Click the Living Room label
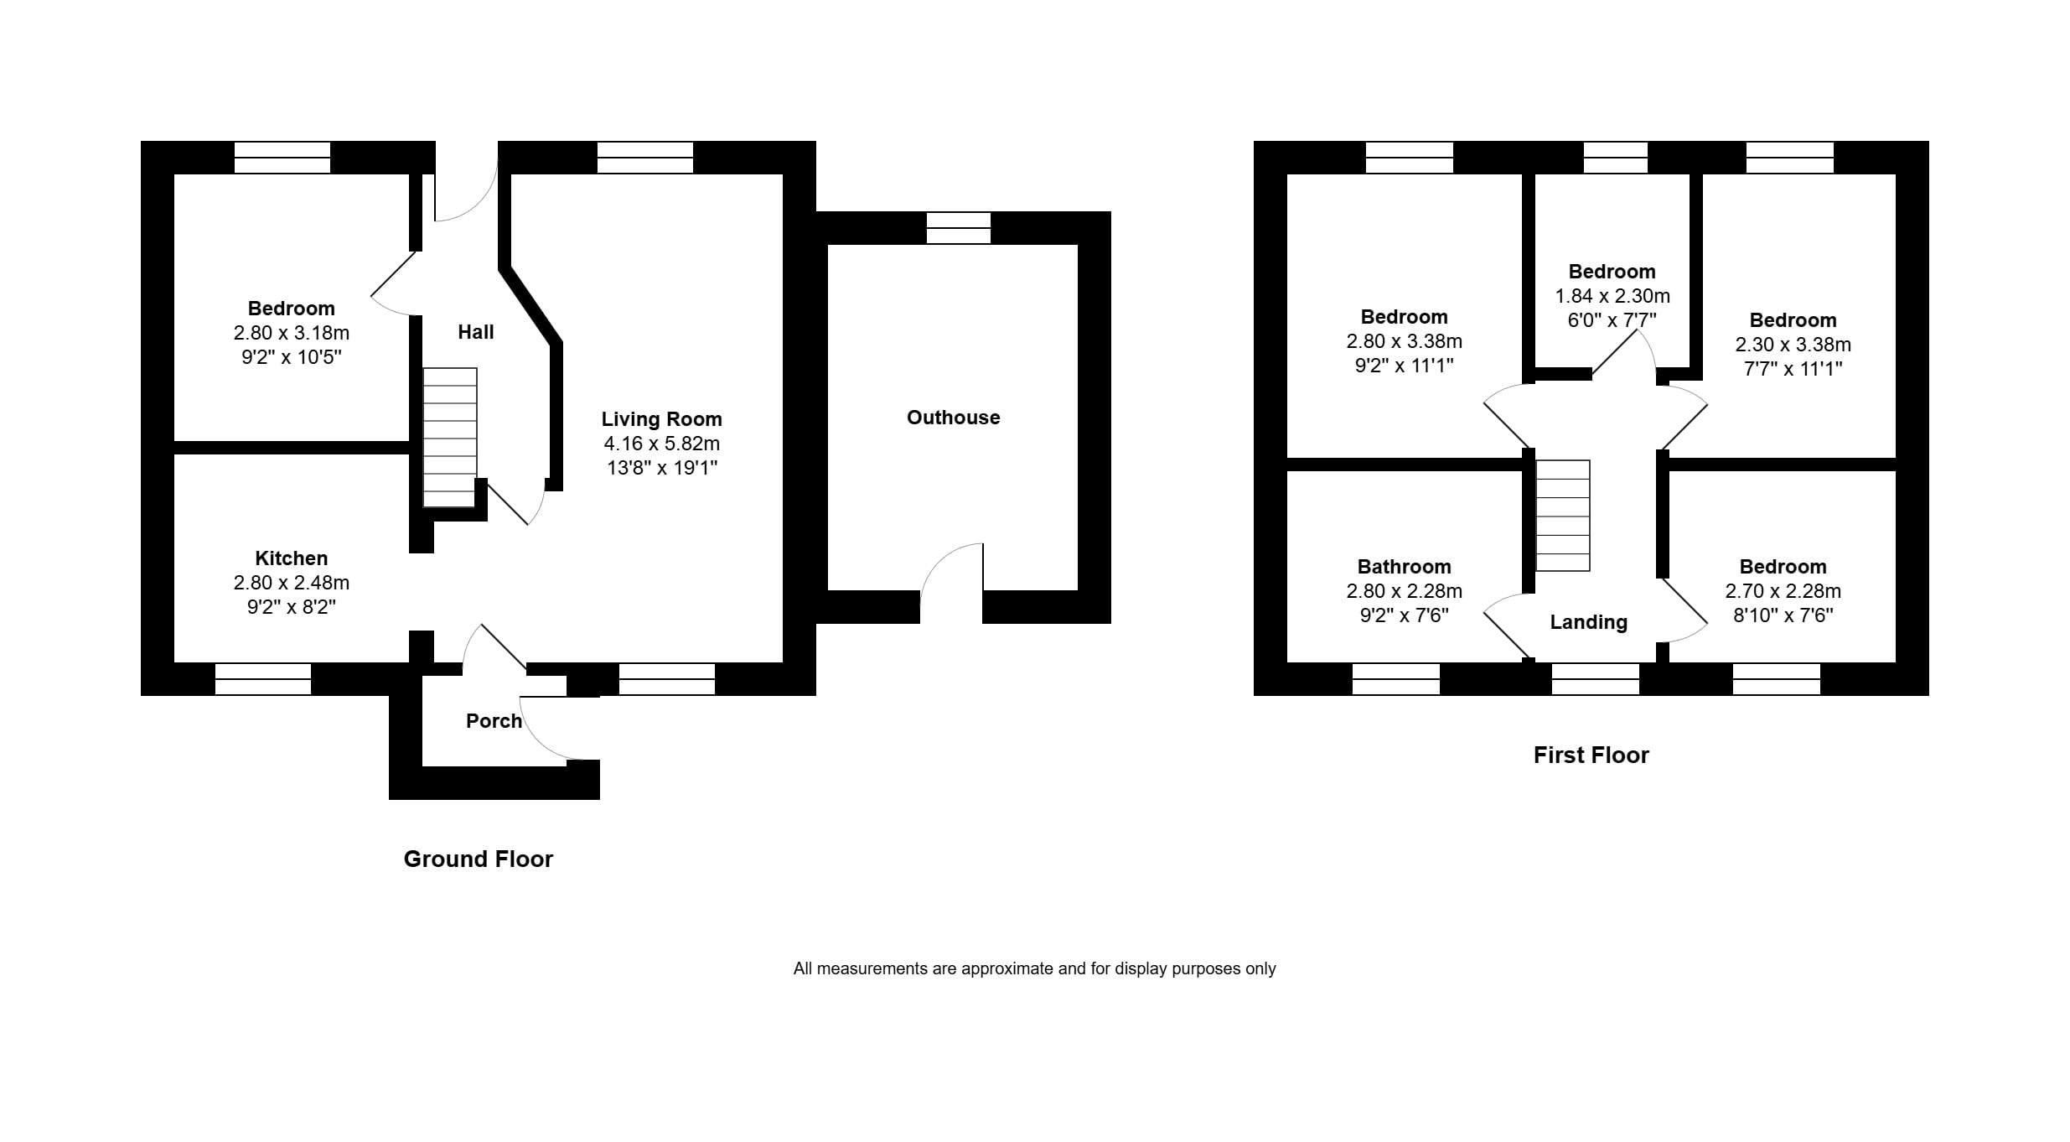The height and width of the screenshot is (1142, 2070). pos(661,419)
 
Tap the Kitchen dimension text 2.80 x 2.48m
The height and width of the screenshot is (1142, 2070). pos(291,583)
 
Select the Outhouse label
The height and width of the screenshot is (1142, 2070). pos(953,418)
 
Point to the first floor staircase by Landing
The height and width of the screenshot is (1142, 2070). pos(1562,516)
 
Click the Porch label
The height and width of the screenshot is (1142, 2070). pos(494,721)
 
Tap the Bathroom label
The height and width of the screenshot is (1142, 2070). pos(1404,567)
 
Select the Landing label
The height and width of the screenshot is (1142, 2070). pos(1588,622)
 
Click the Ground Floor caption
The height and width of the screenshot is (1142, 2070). pos(478,859)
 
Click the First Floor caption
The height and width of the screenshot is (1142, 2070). pos(1591,755)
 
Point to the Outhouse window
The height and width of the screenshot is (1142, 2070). pos(958,227)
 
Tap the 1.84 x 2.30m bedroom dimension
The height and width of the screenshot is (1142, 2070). pos(1612,296)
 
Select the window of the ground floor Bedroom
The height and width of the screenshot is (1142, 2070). pos(282,157)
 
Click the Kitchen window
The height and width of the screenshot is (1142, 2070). pos(263,679)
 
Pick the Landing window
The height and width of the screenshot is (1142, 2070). pos(1595,679)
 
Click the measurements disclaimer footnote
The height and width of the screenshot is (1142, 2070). pos(1034,969)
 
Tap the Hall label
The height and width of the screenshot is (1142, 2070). pos(475,332)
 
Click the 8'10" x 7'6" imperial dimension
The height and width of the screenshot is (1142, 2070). pos(1783,615)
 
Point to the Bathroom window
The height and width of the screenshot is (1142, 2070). pos(1395,679)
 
